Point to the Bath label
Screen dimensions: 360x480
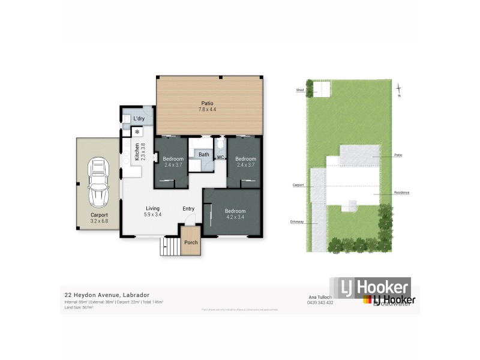(203, 154)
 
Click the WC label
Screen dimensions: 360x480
(220, 157)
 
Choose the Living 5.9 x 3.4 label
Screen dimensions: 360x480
(153, 211)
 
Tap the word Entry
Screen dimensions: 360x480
(189, 209)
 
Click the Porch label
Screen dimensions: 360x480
(191, 242)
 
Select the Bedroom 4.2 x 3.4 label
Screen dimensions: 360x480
(235, 214)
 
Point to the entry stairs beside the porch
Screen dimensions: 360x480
(171, 245)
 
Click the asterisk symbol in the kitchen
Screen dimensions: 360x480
(137, 131)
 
